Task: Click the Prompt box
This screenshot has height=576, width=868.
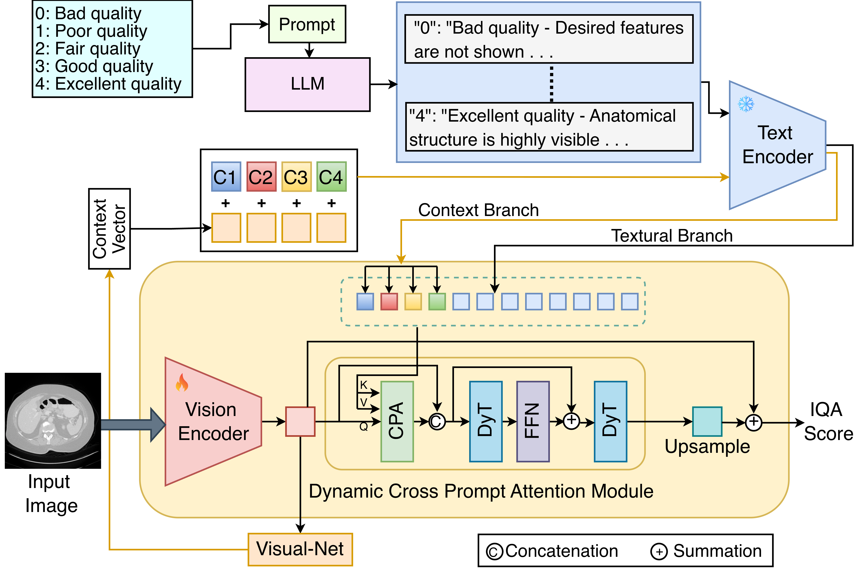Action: coord(307,24)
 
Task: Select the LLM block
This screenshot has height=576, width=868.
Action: coord(308,84)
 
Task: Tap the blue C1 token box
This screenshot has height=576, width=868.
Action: coord(226,177)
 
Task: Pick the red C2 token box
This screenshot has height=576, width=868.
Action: coord(261,177)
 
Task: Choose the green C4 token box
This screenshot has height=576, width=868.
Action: coord(331,177)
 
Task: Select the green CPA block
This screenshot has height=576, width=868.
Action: coord(397,421)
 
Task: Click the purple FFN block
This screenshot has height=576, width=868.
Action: coord(533,421)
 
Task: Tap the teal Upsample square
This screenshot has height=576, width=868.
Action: coord(707,421)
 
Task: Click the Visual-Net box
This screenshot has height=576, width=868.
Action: coord(300,549)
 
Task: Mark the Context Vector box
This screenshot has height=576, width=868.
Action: coord(109,228)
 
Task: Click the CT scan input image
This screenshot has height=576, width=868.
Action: coord(53,421)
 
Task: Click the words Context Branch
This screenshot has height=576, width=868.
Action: coord(478,210)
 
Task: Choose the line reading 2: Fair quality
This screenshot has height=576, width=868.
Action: coord(88,48)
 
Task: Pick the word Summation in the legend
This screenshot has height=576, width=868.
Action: coord(717,551)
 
